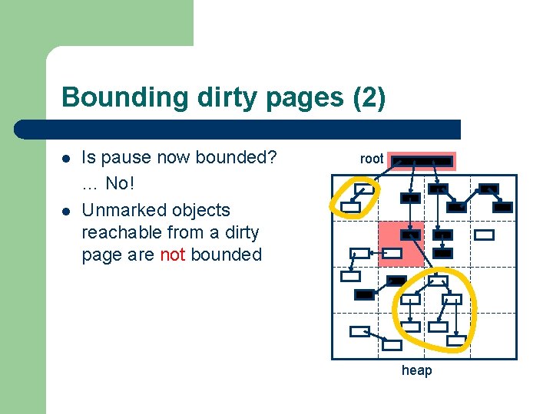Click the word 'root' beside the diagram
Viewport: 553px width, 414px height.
[x=372, y=159]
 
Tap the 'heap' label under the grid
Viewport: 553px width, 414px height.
[x=416, y=370]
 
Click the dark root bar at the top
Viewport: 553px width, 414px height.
[x=422, y=161]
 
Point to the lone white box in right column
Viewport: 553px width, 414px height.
[x=484, y=235]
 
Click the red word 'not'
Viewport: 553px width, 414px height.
[x=173, y=255]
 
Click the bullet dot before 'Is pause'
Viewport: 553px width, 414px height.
[x=66, y=159]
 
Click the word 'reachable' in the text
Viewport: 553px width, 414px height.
[x=117, y=232]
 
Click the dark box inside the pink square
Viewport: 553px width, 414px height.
[x=411, y=235]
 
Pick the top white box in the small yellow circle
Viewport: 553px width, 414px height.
[x=366, y=188]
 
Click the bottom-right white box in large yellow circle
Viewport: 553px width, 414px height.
[x=457, y=340]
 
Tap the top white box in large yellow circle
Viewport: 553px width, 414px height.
[x=439, y=281]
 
